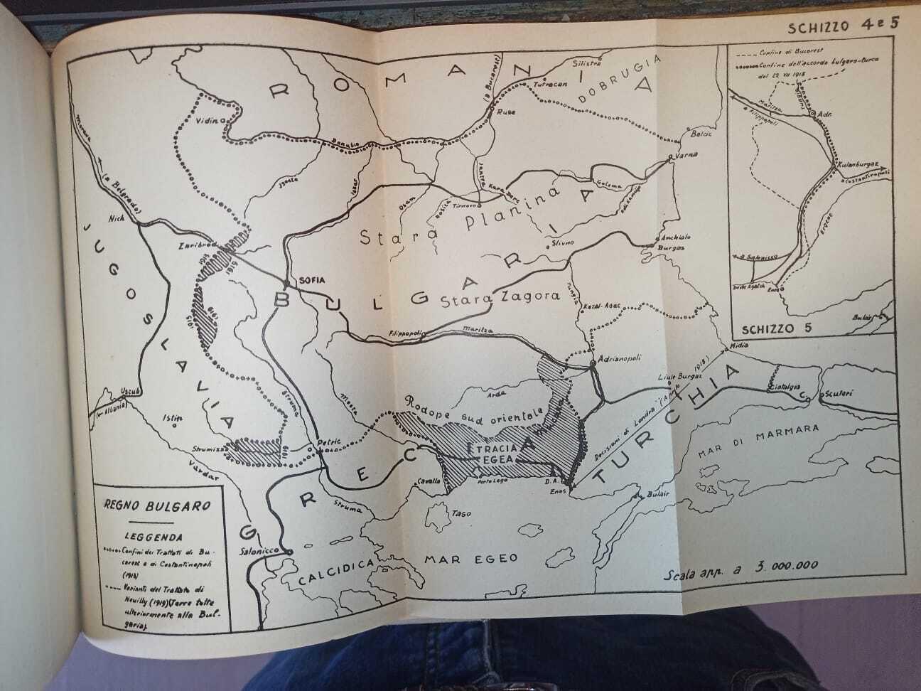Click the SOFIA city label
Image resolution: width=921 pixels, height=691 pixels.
308,280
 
